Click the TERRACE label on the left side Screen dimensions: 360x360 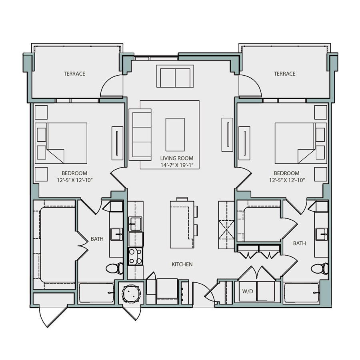[74, 74]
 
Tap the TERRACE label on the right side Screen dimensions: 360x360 [284, 74]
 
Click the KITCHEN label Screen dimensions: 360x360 [182, 264]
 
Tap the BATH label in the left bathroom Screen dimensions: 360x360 [97, 239]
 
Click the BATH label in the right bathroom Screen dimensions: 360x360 [300, 243]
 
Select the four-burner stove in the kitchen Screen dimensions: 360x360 [136, 256]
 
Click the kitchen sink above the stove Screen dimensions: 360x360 [136, 224]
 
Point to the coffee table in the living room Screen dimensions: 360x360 [175, 133]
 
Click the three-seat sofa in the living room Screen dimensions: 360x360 [140, 134]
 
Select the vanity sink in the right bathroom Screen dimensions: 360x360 [321, 232]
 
